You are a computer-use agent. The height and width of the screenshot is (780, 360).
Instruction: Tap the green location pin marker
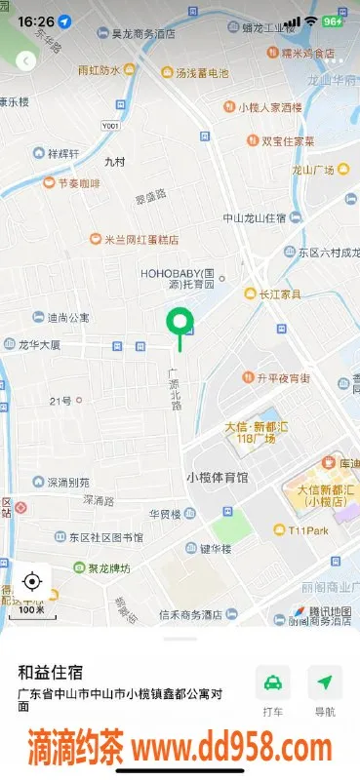[x=179, y=321]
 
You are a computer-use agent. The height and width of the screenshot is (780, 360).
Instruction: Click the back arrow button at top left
[x=25, y=60]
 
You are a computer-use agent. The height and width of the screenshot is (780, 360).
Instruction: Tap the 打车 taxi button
[x=273, y=682]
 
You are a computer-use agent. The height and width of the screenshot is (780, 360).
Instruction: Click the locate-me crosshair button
[x=31, y=582]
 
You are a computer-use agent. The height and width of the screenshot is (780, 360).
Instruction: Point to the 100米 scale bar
[x=31, y=611]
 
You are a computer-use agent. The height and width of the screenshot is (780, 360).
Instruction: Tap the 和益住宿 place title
[x=50, y=672]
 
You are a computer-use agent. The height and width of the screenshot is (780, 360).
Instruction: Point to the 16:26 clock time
[x=35, y=20]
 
